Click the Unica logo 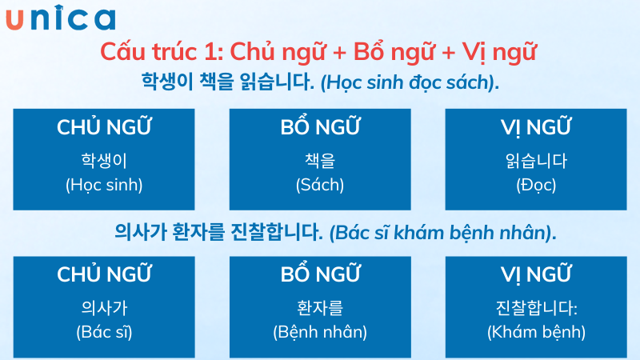(x=60, y=18)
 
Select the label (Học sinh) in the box (x=104, y=185)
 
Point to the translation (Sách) (x=319, y=185)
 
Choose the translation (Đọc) (x=535, y=185)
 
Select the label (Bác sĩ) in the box (x=104, y=331)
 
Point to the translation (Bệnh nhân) (x=319, y=331)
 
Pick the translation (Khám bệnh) (x=536, y=331)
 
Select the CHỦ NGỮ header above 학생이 (x=104, y=127)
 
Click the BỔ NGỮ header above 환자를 (x=319, y=274)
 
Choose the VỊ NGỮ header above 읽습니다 (x=535, y=127)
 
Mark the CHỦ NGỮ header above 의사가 (x=104, y=274)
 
